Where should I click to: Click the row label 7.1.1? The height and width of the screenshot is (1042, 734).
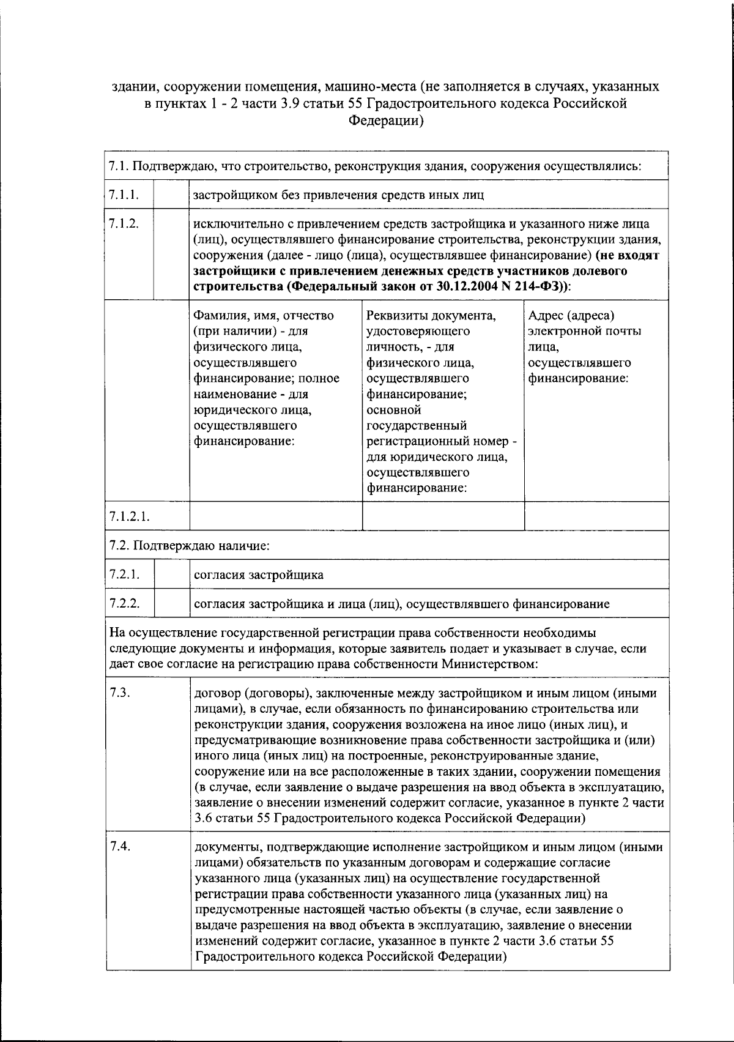click(x=123, y=195)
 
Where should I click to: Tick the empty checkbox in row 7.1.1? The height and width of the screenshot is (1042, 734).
click(x=172, y=195)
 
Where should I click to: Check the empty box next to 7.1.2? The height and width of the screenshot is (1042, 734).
click(x=172, y=254)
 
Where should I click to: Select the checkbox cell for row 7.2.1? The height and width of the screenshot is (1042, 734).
click(x=172, y=575)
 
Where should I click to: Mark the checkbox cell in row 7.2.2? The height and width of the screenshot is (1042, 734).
click(x=172, y=604)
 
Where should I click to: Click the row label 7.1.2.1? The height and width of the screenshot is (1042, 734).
click(x=130, y=516)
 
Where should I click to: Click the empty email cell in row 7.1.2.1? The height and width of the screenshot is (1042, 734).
click(x=596, y=516)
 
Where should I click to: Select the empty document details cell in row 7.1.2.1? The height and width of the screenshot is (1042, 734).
click(x=443, y=516)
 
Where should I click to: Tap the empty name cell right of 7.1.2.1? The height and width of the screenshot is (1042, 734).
click(x=276, y=516)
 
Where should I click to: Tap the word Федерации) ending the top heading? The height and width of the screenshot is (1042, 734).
click(x=386, y=121)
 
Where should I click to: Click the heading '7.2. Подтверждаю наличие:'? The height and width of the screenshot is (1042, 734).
click(x=189, y=545)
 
